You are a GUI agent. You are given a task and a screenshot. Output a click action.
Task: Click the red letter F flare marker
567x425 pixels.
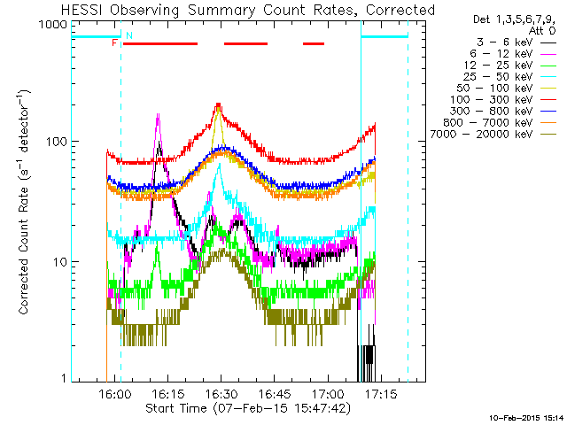pyautogui.click(x=114, y=42)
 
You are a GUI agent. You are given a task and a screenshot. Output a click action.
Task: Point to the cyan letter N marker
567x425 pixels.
pyautogui.click(x=129, y=35)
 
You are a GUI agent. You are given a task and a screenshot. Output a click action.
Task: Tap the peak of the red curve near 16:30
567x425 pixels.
pyautogui.click(x=219, y=104)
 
